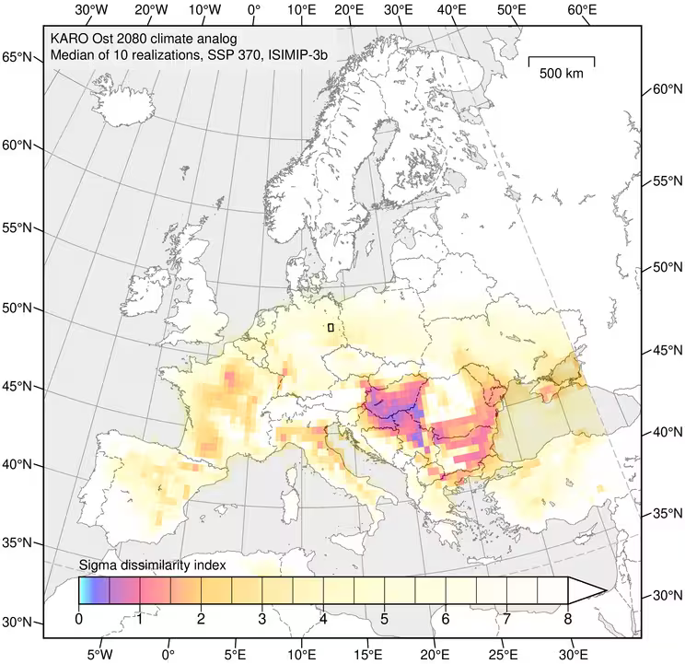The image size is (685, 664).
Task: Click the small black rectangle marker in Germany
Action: pyautogui.click(x=331, y=327)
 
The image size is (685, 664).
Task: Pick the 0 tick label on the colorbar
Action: pyautogui.click(x=79, y=618)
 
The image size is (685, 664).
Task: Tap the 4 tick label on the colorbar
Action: pyautogui.click(x=323, y=618)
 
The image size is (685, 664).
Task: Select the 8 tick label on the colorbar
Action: pyautogui.click(x=567, y=618)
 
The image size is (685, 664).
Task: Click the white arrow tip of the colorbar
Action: pyautogui.click(x=589, y=590)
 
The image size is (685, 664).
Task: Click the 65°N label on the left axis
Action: pyautogui.click(x=20, y=57)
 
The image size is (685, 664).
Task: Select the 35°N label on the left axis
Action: pyautogui.click(x=20, y=542)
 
